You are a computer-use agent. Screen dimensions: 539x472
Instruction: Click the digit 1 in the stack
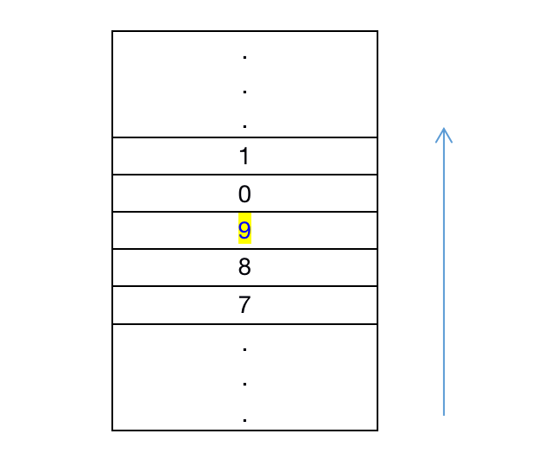pyautogui.click(x=244, y=156)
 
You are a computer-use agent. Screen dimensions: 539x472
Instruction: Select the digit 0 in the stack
pyautogui.click(x=244, y=194)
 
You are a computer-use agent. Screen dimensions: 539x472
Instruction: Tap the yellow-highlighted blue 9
pyautogui.click(x=244, y=231)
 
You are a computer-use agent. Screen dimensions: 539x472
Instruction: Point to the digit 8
pyautogui.click(x=244, y=268)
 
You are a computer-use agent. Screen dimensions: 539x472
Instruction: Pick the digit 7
pyautogui.click(x=244, y=305)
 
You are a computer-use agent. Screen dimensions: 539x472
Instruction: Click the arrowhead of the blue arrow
pyautogui.click(x=444, y=131)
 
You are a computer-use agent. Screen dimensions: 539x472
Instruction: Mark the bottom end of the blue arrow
pyautogui.click(x=444, y=415)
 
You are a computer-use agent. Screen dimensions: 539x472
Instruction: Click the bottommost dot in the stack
pyautogui.click(x=245, y=420)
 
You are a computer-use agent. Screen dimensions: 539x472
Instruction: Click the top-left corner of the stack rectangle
pyautogui.click(x=112, y=31)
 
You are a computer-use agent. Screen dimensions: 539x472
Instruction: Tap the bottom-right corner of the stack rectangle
pyautogui.click(x=377, y=430)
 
